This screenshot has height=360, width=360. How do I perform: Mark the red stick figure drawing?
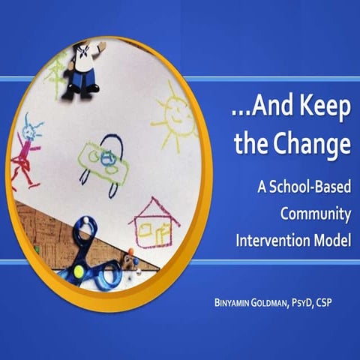pos(25,157)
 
